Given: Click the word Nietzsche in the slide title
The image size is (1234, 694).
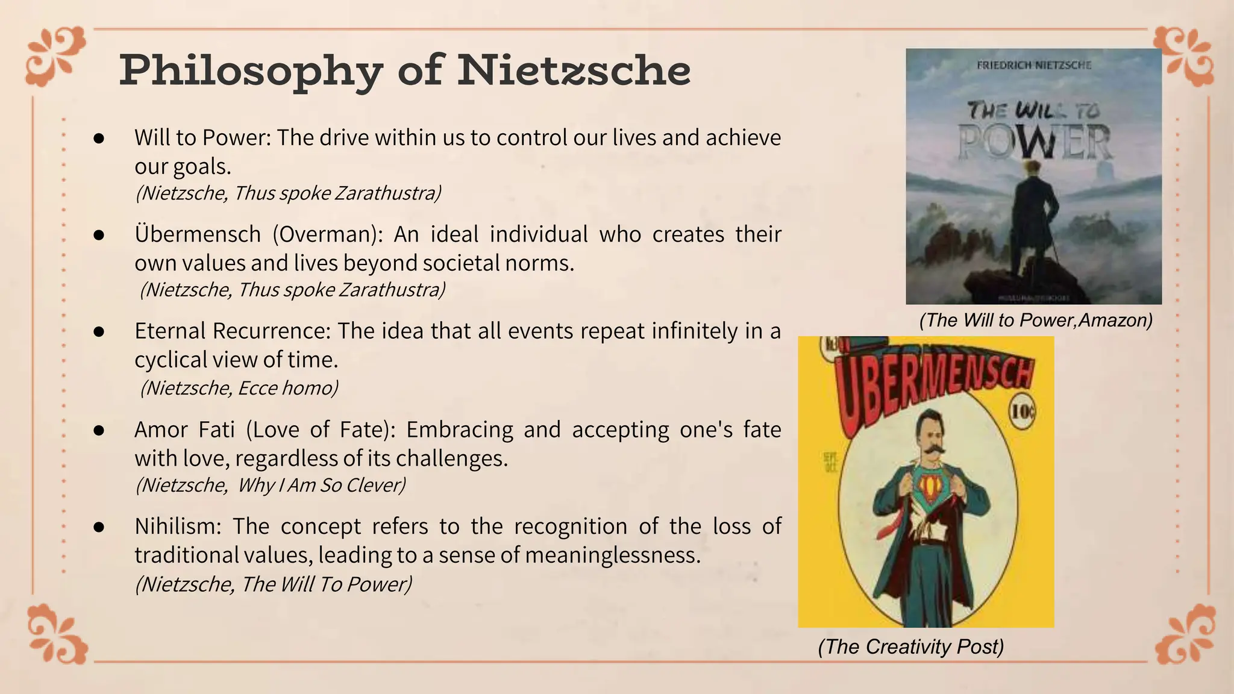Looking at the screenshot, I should [x=574, y=71].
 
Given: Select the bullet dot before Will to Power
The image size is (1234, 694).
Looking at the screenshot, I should [x=99, y=139].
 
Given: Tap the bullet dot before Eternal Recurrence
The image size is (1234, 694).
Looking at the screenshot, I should [x=99, y=332].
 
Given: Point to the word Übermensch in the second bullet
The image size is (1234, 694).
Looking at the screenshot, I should [x=198, y=234].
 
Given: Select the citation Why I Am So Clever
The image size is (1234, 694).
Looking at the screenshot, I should [x=321, y=485].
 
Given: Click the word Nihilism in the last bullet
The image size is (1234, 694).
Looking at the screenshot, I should [x=178, y=527].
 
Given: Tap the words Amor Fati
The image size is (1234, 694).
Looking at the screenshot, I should [x=184, y=430].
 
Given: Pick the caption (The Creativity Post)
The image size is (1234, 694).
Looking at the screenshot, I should [x=911, y=646].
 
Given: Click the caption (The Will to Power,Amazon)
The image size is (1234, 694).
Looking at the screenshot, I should [x=1036, y=320].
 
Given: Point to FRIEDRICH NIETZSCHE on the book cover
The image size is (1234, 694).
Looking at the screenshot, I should [x=1034, y=65].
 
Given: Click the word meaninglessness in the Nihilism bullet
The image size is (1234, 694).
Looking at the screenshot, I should [x=613, y=555].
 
